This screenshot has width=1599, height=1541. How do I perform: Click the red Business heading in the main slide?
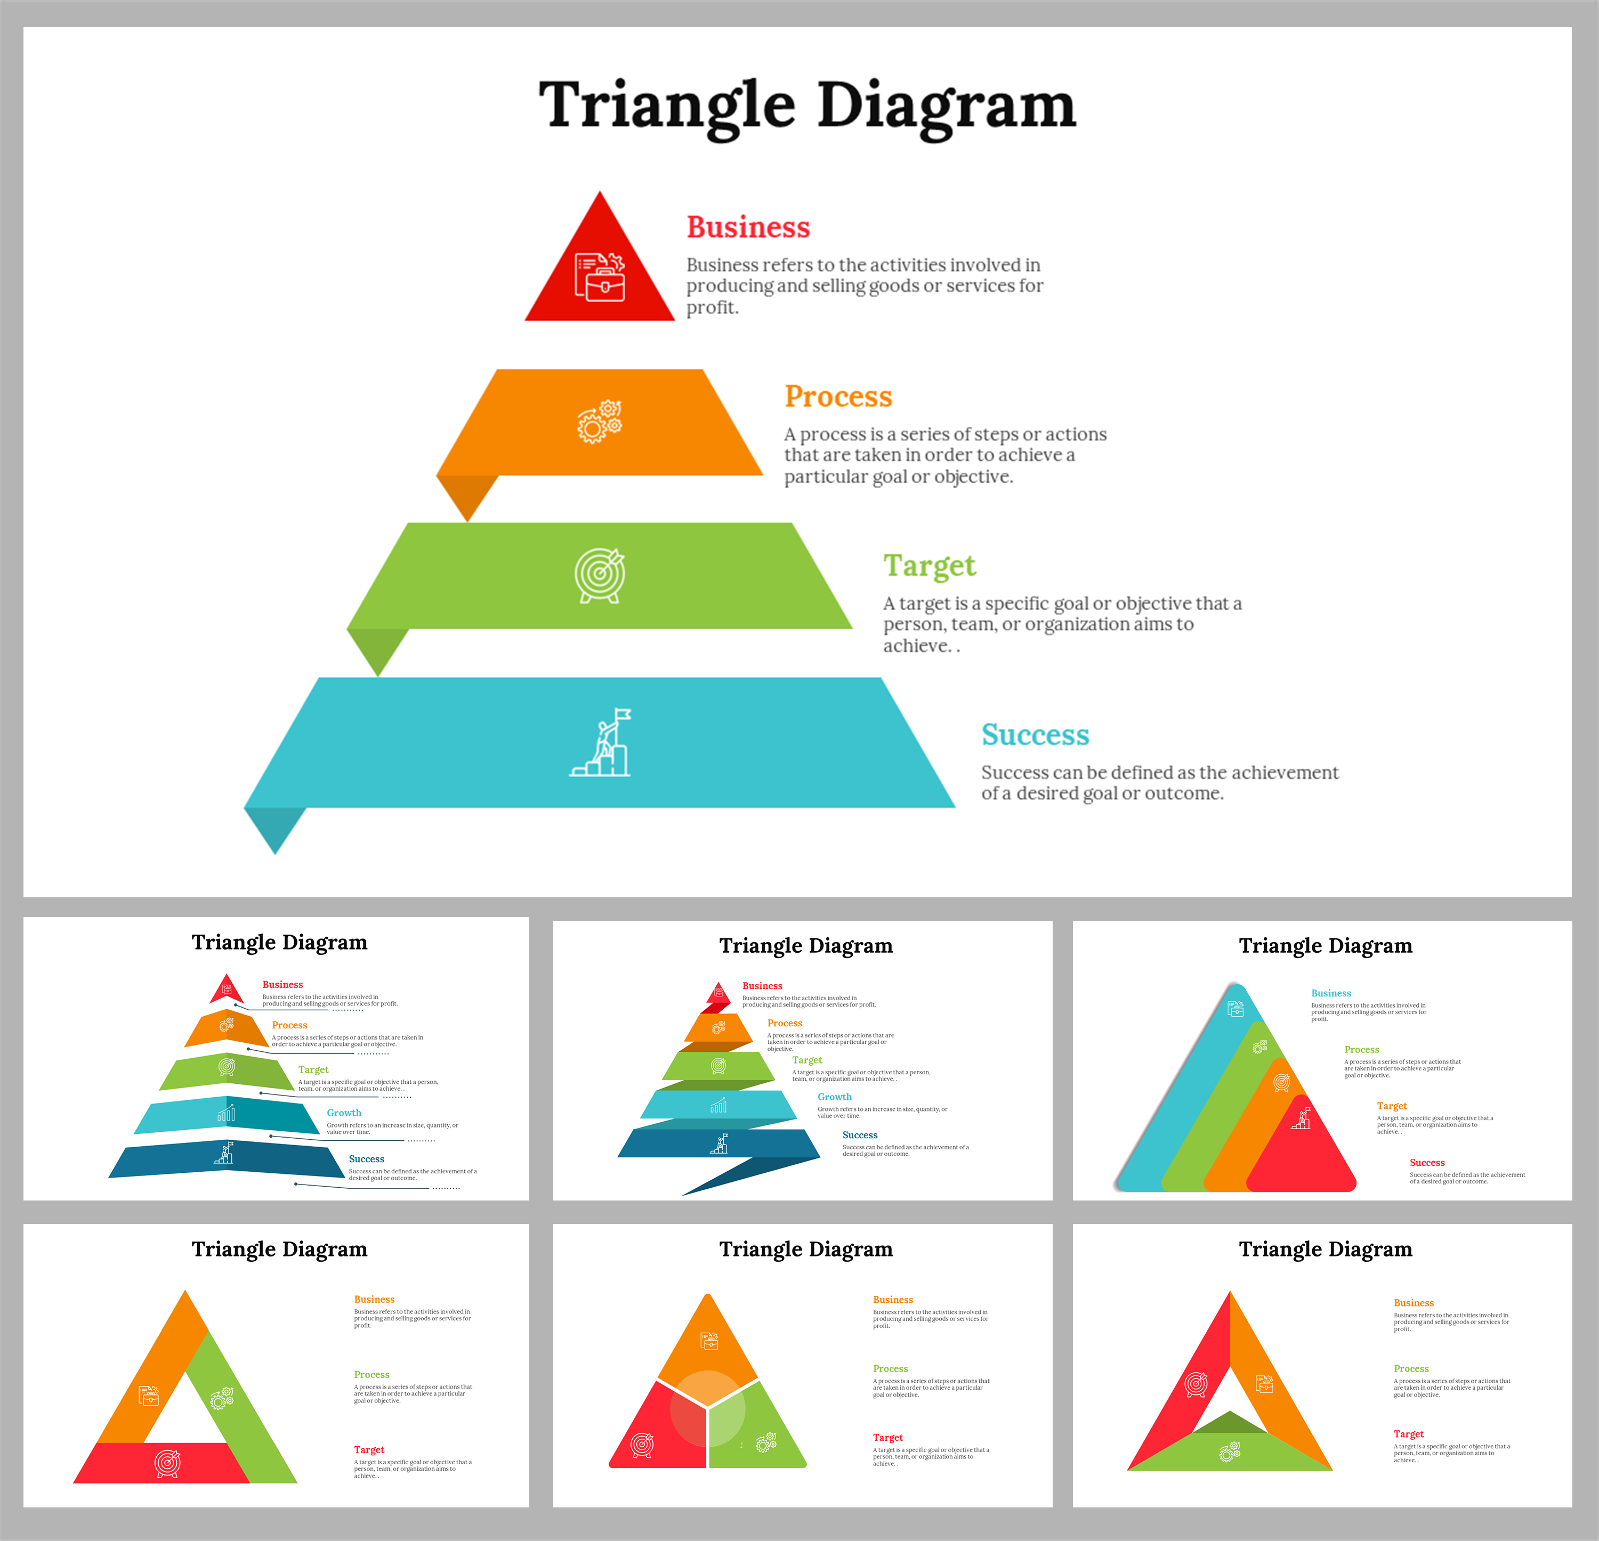(x=748, y=227)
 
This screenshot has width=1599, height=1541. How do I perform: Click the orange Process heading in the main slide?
(x=838, y=396)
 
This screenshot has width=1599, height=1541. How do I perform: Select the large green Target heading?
(x=929, y=565)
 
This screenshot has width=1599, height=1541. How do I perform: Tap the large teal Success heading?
(x=1035, y=734)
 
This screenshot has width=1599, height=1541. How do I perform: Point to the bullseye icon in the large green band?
(x=600, y=575)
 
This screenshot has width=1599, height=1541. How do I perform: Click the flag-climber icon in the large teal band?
(x=601, y=742)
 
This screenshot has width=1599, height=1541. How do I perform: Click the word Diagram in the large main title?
(x=947, y=106)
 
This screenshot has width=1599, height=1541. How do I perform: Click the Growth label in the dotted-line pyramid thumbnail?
(x=343, y=1113)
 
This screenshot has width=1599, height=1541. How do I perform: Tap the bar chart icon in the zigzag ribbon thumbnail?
(x=718, y=1106)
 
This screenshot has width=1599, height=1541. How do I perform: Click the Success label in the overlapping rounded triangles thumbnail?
(x=1427, y=1163)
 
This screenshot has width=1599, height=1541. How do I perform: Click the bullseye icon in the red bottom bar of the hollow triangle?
(x=167, y=1463)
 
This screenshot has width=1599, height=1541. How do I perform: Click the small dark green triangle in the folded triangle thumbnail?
(x=1230, y=1424)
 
